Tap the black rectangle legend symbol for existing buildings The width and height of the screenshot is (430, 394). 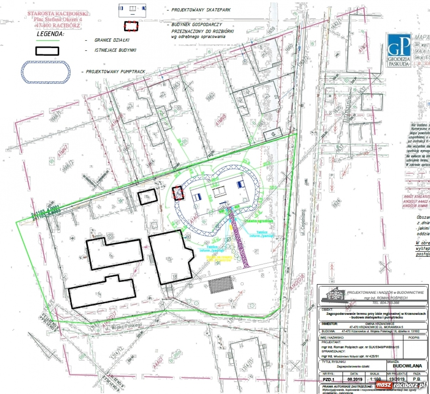pos(47,51)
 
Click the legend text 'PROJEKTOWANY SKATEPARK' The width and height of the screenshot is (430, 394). pos(201,10)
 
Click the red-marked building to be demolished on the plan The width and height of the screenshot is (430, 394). pos(178,193)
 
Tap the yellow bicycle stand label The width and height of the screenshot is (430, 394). pos(219,258)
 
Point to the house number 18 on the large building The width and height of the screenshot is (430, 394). pos(174,277)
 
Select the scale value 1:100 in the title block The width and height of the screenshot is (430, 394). pos(375,380)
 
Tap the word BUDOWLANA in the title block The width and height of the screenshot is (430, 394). pos(407,365)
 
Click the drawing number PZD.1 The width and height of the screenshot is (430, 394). pos(328,380)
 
